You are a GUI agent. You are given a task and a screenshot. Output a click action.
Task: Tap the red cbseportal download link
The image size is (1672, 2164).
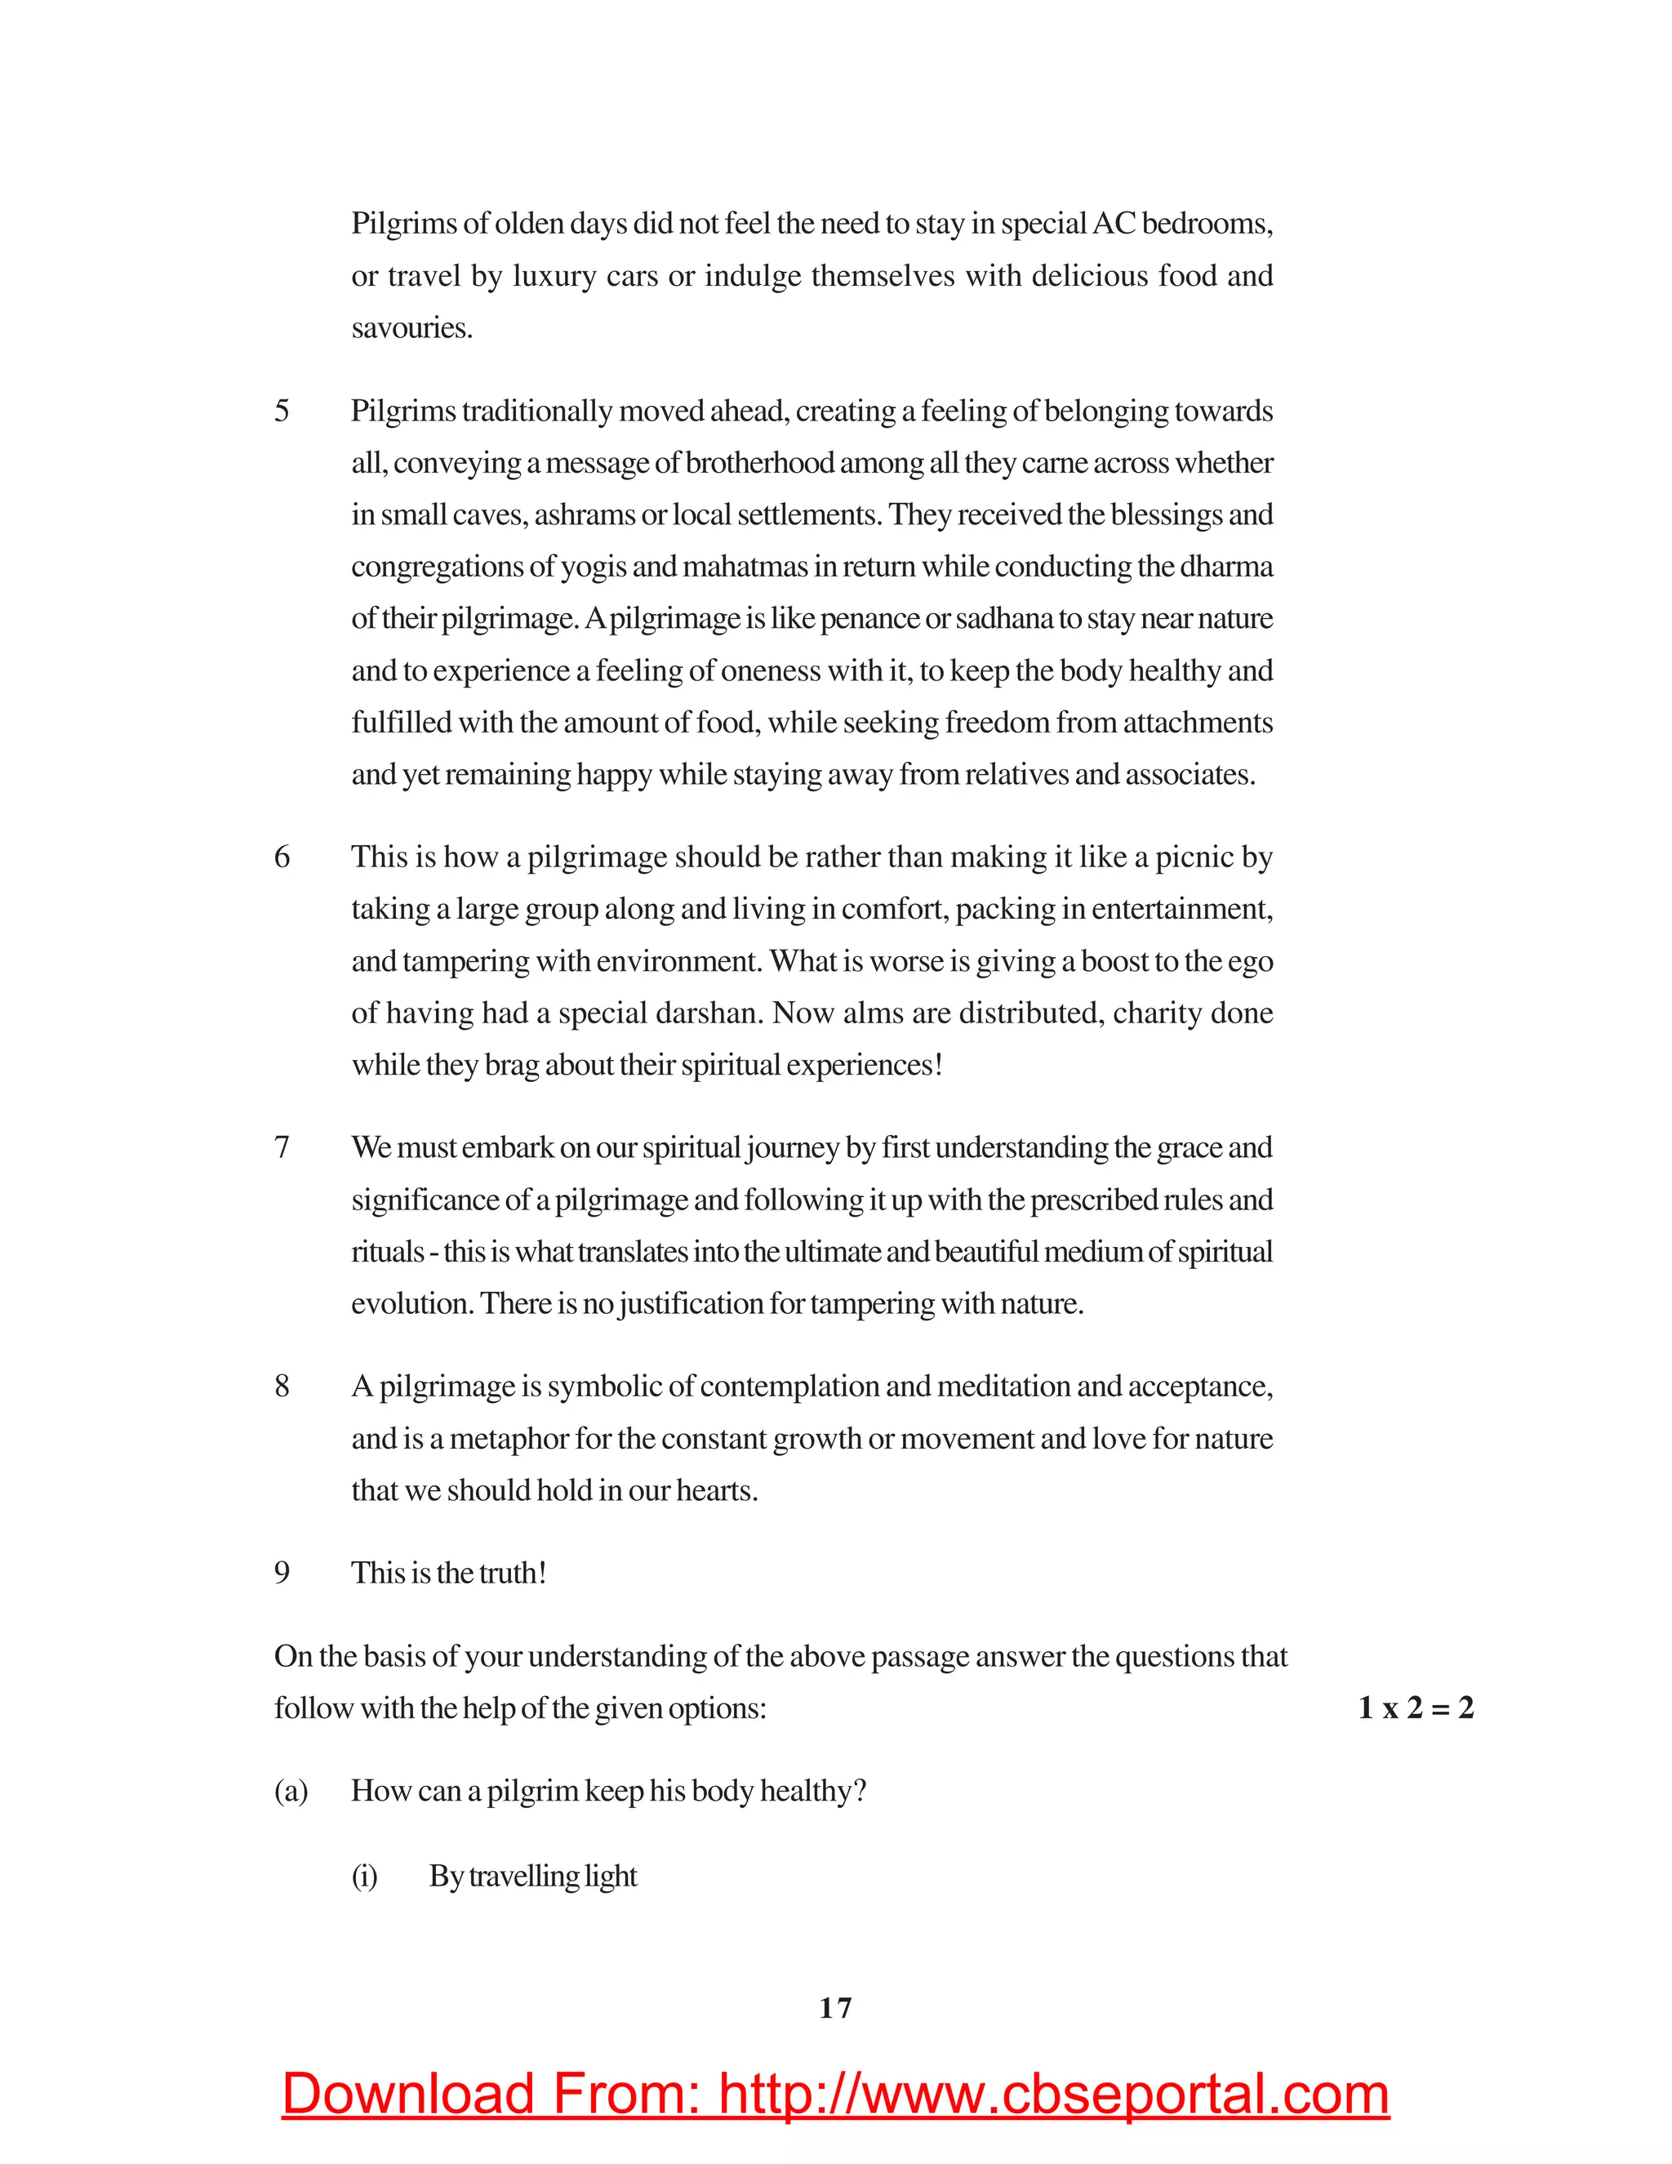835,2095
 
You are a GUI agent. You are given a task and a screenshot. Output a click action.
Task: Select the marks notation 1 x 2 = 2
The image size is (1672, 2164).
1416,1708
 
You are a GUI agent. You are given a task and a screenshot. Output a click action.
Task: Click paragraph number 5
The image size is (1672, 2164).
282,410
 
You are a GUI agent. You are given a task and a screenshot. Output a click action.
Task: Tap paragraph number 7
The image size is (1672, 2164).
282,1147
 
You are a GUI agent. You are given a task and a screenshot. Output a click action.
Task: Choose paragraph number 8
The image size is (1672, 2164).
282,1385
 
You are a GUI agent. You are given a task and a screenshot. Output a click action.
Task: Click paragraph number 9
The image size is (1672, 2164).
282,1573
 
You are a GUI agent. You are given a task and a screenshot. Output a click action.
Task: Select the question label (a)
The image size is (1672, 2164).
291,1791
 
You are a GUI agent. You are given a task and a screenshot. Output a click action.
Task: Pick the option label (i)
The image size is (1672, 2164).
364,1876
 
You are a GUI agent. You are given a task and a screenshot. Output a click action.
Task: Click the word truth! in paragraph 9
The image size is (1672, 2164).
512,1573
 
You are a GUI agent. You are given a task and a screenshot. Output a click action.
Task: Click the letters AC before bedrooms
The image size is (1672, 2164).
1113,223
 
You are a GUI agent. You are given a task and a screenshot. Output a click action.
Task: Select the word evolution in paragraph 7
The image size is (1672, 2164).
413,1303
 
